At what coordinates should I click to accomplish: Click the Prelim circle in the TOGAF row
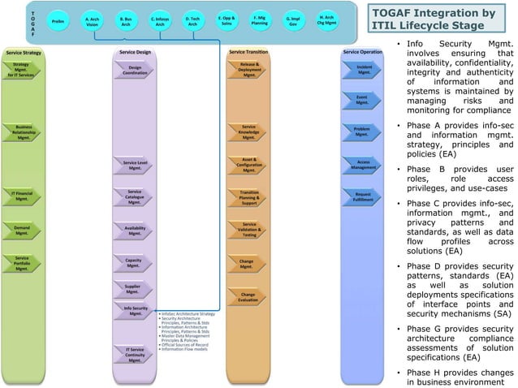click(58, 20)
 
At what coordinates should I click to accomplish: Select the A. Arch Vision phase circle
click(93, 20)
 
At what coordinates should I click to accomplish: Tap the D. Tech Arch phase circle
click(192, 20)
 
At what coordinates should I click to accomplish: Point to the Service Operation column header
click(361, 52)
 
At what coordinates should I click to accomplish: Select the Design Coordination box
click(134, 71)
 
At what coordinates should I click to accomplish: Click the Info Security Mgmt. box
click(134, 311)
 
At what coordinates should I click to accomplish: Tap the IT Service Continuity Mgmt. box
click(134, 354)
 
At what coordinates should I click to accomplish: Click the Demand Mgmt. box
click(22, 231)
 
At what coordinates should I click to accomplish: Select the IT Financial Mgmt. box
click(22, 196)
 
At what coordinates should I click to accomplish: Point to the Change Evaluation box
click(248, 297)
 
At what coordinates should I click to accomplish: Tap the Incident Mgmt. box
click(362, 71)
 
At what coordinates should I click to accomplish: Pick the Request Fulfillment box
click(362, 196)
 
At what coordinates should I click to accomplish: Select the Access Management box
click(362, 165)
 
